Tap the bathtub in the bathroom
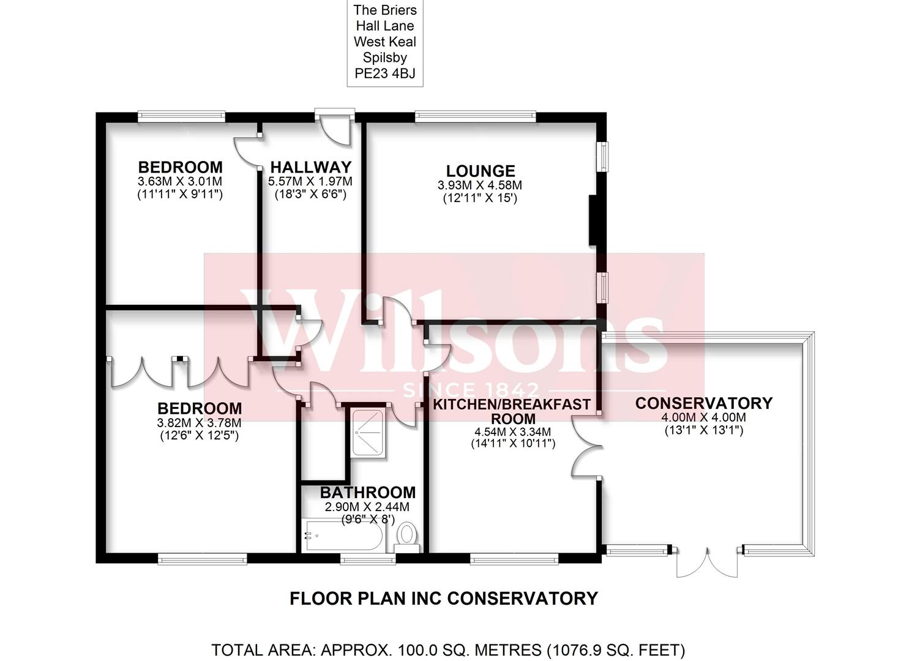344,536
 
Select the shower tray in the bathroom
369,433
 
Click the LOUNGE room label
481,171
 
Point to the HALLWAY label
311,167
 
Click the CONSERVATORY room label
704,403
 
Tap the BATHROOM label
368,493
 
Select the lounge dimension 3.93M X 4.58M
480,185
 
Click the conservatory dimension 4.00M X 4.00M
704,417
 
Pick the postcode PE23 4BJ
384,73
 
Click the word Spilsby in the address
384,58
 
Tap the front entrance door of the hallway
335,127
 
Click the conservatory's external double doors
707,562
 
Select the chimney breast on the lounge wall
593,220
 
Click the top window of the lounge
475,117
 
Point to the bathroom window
368,560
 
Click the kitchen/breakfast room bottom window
514,560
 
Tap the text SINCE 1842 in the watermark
471,390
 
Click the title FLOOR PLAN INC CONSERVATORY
444,599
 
